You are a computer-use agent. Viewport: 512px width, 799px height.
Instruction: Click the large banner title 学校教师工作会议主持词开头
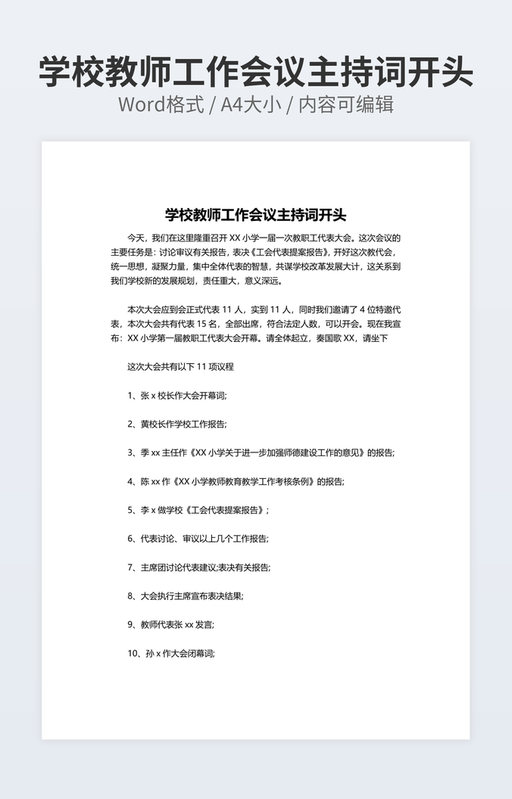pyautogui.click(x=256, y=73)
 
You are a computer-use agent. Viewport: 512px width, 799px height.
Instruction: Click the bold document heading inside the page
pyautogui.click(x=255, y=214)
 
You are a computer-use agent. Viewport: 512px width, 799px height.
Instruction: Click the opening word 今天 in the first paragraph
pyautogui.click(x=136, y=238)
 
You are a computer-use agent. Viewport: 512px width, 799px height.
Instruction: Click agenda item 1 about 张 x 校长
pyautogui.click(x=177, y=395)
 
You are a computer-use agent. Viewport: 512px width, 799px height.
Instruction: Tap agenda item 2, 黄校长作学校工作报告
pyautogui.click(x=177, y=424)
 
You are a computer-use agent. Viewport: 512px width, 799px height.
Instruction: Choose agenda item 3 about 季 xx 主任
pyautogui.click(x=261, y=452)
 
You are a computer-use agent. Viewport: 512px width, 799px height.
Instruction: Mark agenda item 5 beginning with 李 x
pyautogui.click(x=198, y=510)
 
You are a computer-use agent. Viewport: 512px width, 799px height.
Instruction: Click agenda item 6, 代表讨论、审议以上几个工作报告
pyautogui.click(x=198, y=539)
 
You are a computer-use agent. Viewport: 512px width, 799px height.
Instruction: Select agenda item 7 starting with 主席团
pyautogui.click(x=199, y=567)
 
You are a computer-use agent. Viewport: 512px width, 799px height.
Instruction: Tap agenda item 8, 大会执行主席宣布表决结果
pyautogui.click(x=186, y=596)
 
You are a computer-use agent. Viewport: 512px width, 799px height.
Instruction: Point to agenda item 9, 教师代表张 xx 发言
pyautogui.click(x=171, y=625)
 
